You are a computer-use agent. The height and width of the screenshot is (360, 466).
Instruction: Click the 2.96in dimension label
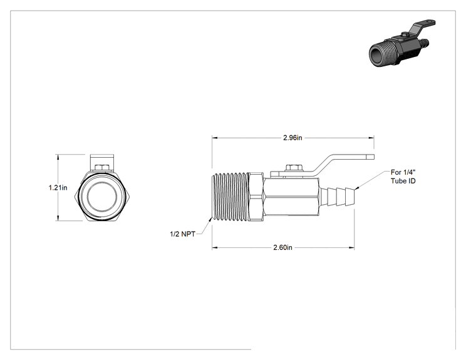(293, 138)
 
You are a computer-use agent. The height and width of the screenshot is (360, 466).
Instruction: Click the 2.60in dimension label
(282, 247)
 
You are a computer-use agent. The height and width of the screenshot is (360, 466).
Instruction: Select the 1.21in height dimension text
(58, 188)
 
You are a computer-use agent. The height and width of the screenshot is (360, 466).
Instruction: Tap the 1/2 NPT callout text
(182, 234)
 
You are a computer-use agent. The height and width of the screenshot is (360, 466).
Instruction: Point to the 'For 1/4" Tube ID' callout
(403, 177)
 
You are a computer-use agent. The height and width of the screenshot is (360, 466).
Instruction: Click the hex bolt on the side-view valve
(294, 168)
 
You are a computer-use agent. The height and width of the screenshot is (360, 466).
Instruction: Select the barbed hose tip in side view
(338, 197)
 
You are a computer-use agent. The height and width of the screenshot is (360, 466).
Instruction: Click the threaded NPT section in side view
(230, 197)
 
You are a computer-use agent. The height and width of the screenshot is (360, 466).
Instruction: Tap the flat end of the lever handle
(370, 157)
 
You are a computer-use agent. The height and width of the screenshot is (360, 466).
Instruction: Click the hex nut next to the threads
(256, 197)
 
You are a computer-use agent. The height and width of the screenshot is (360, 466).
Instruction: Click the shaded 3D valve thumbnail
(402, 43)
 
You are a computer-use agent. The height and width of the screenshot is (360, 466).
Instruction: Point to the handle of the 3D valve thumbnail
(422, 27)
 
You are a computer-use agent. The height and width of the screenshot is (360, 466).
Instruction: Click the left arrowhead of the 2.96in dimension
(215, 138)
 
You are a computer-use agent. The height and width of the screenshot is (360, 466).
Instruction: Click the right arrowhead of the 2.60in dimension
(351, 247)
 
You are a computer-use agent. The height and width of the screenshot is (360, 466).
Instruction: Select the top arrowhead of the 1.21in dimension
(58, 157)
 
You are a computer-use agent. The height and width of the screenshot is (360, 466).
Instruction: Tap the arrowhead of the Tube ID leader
(357, 188)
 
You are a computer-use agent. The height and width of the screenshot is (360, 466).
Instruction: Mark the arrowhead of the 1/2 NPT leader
(210, 220)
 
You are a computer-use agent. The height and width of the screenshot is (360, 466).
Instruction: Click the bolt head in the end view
(102, 168)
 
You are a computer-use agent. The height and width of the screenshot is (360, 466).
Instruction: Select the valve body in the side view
(291, 197)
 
